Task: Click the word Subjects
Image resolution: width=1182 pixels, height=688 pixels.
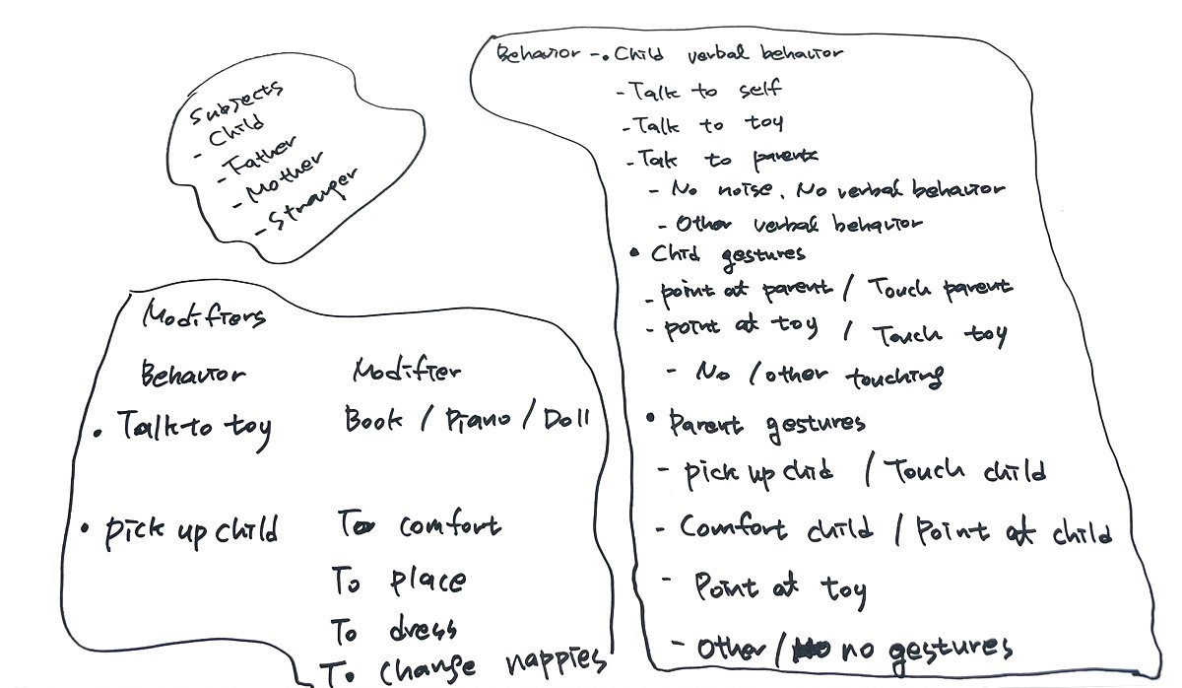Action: [237, 102]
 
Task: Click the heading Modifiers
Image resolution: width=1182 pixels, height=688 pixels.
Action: [204, 315]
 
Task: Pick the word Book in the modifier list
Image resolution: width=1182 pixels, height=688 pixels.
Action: [373, 420]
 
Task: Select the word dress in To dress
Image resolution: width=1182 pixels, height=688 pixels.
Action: [423, 629]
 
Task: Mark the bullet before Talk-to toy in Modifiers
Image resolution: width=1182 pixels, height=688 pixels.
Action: [98, 431]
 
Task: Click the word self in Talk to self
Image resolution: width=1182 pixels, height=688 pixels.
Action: [760, 91]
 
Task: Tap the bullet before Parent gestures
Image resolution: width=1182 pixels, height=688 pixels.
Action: [651, 419]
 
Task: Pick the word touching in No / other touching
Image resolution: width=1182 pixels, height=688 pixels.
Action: [895, 376]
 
